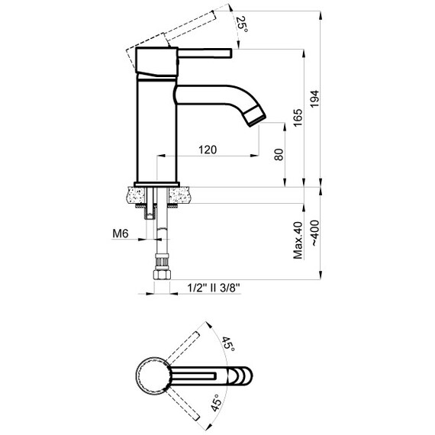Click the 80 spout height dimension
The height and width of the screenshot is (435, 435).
click(279, 154)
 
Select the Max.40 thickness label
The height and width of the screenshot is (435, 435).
click(298, 240)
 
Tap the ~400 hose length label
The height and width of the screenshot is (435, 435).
click(315, 240)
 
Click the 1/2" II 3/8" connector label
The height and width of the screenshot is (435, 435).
click(214, 288)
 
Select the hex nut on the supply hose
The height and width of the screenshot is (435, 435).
click(161, 273)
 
